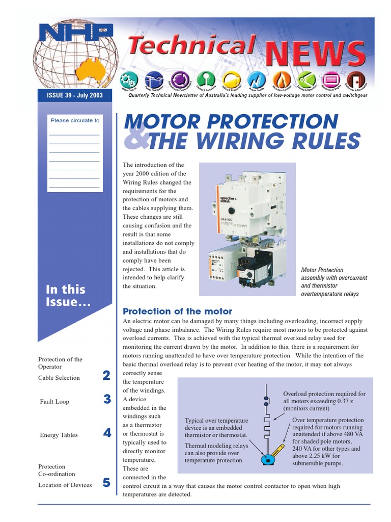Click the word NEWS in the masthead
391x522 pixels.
point(315,55)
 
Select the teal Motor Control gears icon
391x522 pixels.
point(128,81)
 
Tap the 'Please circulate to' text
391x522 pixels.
point(75,120)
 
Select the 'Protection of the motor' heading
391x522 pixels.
point(177,311)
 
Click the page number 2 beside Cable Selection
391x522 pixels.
point(106,376)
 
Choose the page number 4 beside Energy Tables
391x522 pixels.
point(106,433)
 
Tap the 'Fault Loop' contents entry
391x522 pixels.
point(54,402)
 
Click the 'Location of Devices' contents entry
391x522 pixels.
point(65,485)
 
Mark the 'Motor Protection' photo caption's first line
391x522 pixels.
point(322,270)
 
